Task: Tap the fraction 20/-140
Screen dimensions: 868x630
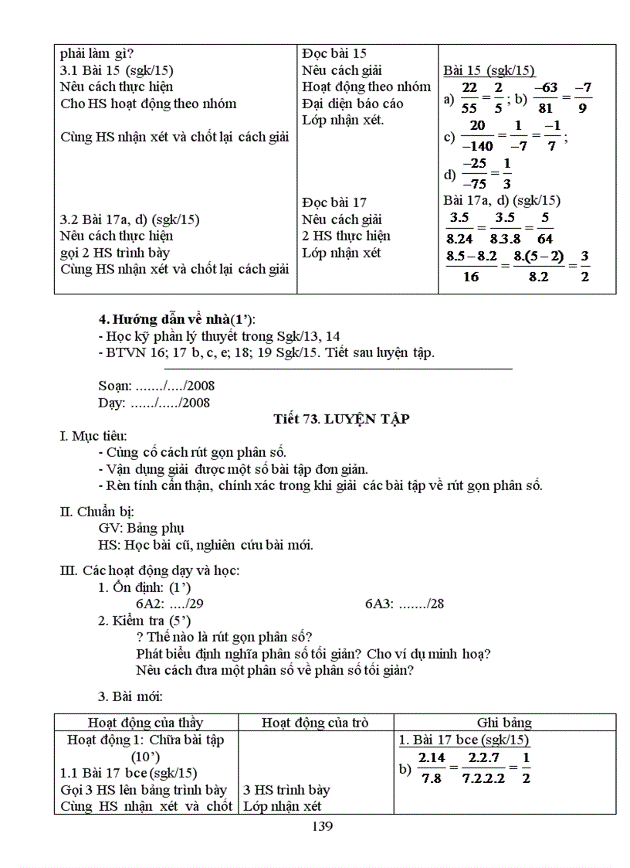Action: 477,137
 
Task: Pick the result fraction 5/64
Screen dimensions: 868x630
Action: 545,228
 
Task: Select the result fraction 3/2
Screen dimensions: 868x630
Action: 584,266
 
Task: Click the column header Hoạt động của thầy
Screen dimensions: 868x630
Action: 145,723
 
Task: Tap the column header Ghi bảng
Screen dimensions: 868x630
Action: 504,723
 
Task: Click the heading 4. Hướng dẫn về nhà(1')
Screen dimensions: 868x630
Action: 177,319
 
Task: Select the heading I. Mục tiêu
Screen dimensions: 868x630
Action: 93,437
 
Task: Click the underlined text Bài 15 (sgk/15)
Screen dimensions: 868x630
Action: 489,70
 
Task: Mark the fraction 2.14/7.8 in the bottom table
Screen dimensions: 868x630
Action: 432,768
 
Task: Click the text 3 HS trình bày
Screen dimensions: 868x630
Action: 286,790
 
